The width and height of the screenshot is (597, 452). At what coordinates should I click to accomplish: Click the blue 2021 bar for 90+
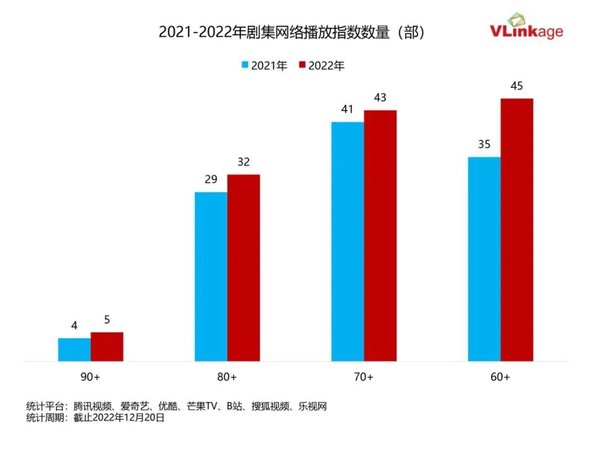74,349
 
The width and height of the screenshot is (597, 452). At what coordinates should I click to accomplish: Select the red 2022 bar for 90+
107,346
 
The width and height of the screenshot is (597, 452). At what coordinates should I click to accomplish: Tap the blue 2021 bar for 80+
211,276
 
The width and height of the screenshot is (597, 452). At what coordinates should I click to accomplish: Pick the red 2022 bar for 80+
243,268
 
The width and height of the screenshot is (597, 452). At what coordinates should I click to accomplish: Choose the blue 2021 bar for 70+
347,241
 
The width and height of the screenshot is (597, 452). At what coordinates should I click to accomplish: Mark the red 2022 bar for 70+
380,235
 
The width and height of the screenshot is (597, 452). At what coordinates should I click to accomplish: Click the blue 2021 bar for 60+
484,259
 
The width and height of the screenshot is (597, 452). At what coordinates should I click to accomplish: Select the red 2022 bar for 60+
516,230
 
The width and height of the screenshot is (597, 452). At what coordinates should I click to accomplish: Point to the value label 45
516,86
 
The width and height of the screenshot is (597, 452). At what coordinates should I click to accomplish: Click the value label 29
211,180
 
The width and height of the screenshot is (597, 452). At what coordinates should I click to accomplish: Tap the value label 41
347,109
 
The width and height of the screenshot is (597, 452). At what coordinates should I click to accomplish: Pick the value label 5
107,320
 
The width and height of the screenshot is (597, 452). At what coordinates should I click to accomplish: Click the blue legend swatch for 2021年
245,65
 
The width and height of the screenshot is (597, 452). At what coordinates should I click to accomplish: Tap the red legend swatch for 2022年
302,65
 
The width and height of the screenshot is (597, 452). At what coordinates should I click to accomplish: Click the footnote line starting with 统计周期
96,418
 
